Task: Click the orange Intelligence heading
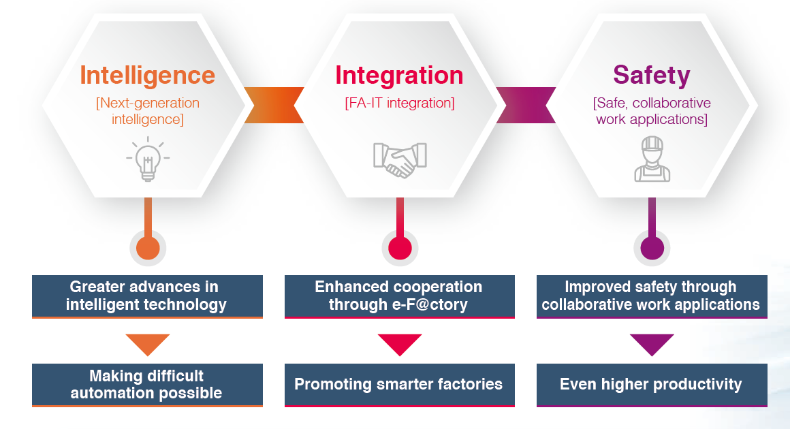[x=147, y=74]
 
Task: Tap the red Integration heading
[x=399, y=74]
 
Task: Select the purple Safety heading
[x=651, y=74]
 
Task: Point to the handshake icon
[x=400, y=159]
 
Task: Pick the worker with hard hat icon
[x=652, y=159]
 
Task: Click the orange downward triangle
[x=147, y=344]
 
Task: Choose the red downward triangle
[x=400, y=344]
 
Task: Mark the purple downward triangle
[x=652, y=344]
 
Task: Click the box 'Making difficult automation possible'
[x=147, y=385]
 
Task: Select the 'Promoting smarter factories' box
[x=399, y=385]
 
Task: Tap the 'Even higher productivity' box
[x=652, y=385]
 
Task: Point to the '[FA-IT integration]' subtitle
[x=399, y=104]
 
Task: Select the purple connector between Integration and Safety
[x=526, y=106]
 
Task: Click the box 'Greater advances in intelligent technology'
[x=147, y=296]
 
